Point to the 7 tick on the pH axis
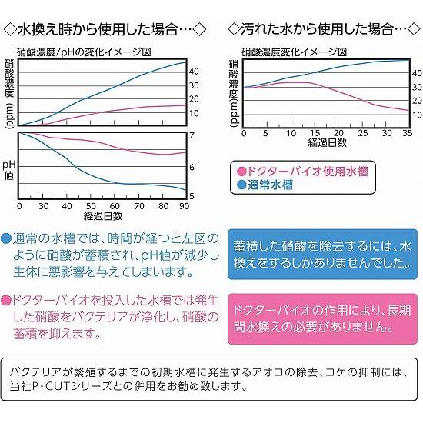(x=192, y=136)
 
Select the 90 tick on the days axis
(x=185, y=206)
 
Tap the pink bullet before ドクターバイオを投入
(x=7, y=298)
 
